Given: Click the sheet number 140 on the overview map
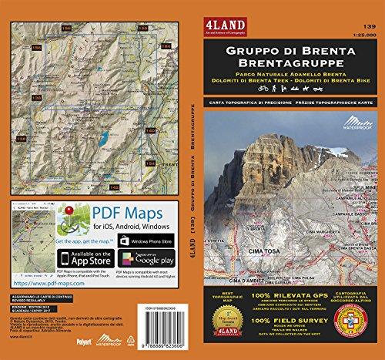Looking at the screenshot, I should tap(150, 130).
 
